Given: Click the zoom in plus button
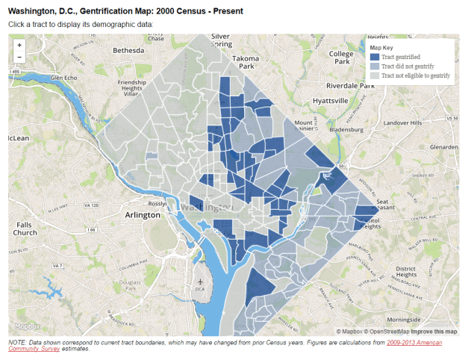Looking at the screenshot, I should pyautogui.click(x=19, y=45).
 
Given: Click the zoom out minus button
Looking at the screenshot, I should pyautogui.click(x=19, y=57).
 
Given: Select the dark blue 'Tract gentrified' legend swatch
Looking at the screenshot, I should pyautogui.click(x=375, y=56).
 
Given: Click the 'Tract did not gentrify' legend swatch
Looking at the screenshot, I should pyautogui.click(x=375, y=66).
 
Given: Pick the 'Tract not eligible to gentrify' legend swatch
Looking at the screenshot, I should pyautogui.click(x=375, y=75).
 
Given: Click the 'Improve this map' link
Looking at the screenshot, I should pyautogui.click(x=435, y=331).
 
